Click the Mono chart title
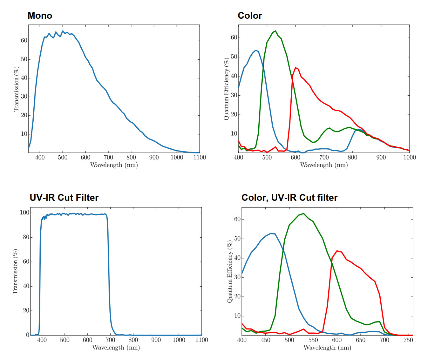click(40, 16)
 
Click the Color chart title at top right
click(250, 16)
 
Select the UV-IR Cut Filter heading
click(64, 198)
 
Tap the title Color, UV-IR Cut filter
click(289, 198)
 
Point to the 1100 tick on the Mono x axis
click(199, 157)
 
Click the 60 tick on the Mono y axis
click(24, 40)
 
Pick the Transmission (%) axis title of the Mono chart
click(16, 89)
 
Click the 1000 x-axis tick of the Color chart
click(409, 157)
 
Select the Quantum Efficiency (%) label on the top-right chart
click(226, 89)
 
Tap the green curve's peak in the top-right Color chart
click(275, 31)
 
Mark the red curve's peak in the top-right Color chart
click(296, 68)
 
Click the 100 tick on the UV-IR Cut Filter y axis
click(24, 213)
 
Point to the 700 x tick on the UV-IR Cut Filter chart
click(110, 340)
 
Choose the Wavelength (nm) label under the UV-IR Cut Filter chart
click(116, 347)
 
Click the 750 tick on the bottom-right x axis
click(408, 340)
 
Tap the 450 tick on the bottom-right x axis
click(265, 340)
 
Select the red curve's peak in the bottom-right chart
click(337, 251)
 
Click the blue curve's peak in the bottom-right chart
click(271, 233)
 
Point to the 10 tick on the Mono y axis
click(24, 134)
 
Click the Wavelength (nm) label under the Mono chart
click(114, 165)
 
